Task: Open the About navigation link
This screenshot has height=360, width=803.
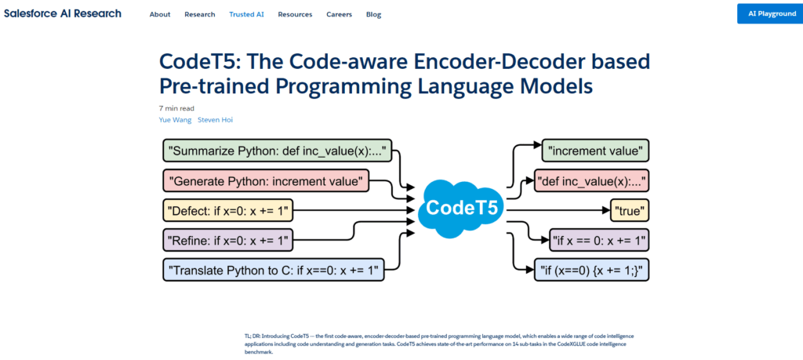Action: (160, 14)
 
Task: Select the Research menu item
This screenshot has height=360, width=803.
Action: (199, 14)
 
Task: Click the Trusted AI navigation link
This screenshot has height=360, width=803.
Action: (247, 14)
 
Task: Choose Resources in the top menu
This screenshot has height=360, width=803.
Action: (295, 14)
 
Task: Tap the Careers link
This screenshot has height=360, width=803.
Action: (339, 14)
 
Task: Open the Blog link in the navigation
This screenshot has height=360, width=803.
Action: (373, 14)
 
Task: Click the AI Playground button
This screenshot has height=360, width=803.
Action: (770, 14)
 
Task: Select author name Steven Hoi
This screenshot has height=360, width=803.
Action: (215, 120)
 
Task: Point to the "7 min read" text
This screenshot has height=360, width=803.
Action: (176, 108)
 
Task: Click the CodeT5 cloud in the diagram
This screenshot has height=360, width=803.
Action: (460, 209)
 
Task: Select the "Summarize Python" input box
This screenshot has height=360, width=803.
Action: (277, 151)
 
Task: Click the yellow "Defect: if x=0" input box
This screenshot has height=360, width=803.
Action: (228, 210)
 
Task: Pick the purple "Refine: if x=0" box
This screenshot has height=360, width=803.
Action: (228, 239)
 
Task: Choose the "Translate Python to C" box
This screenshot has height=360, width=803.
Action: (274, 270)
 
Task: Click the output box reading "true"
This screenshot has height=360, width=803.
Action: (630, 210)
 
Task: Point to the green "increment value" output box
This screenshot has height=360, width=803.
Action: (597, 151)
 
